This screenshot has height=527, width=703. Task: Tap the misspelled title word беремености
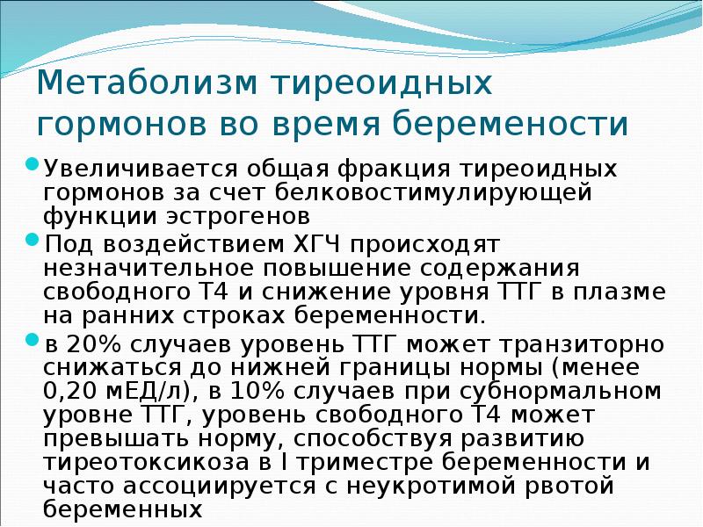point(510,124)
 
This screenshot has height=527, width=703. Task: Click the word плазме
point(630,291)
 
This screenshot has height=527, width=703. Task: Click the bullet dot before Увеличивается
point(33,164)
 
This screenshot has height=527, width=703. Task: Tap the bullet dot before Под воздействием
point(33,239)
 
